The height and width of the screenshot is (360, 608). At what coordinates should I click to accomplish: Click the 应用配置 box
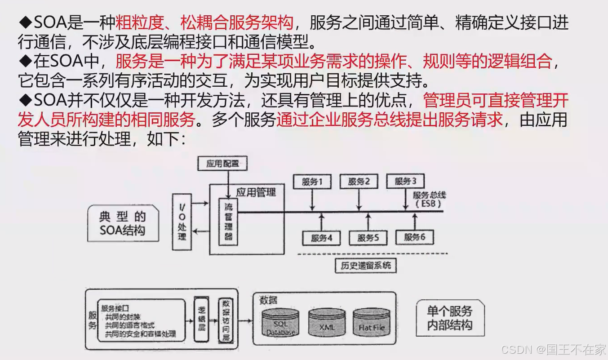[223, 163]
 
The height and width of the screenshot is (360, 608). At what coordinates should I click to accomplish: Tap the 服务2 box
[359, 182]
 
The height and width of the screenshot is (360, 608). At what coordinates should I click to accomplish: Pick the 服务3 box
[405, 181]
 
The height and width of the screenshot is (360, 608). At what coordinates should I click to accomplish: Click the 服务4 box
[321, 238]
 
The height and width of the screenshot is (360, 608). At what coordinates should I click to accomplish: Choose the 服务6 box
[414, 237]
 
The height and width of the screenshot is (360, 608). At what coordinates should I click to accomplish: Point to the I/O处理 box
[182, 222]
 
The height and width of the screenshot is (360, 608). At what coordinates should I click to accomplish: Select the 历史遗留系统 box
[366, 265]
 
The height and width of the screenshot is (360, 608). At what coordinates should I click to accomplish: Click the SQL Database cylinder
[281, 322]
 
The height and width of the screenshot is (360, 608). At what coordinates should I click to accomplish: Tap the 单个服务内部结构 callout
[450, 318]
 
